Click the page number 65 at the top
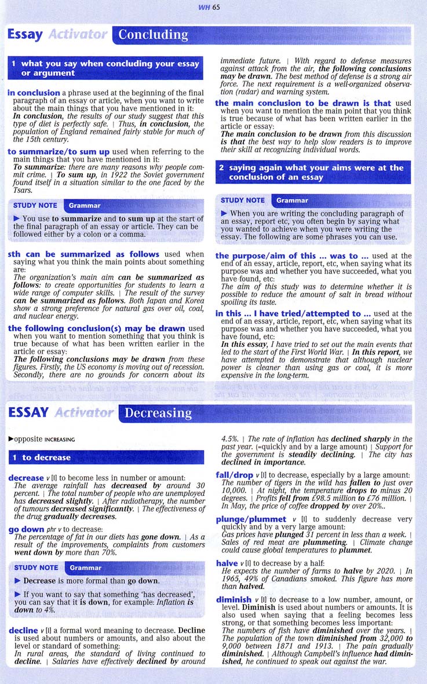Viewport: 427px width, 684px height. point(216,7)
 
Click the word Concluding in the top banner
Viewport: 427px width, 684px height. point(153,35)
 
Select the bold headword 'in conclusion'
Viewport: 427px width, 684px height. point(34,93)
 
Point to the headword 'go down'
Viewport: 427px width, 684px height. point(27,529)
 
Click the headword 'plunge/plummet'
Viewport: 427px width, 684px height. point(251,520)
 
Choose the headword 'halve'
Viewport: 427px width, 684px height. point(227,563)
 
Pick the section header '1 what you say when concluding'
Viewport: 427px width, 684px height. point(106,68)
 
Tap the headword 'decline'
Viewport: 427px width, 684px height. point(23,630)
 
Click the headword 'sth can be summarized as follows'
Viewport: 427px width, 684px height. point(84,254)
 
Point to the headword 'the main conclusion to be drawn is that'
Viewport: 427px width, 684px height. point(303,103)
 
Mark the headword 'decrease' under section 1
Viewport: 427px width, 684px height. point(26,478)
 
